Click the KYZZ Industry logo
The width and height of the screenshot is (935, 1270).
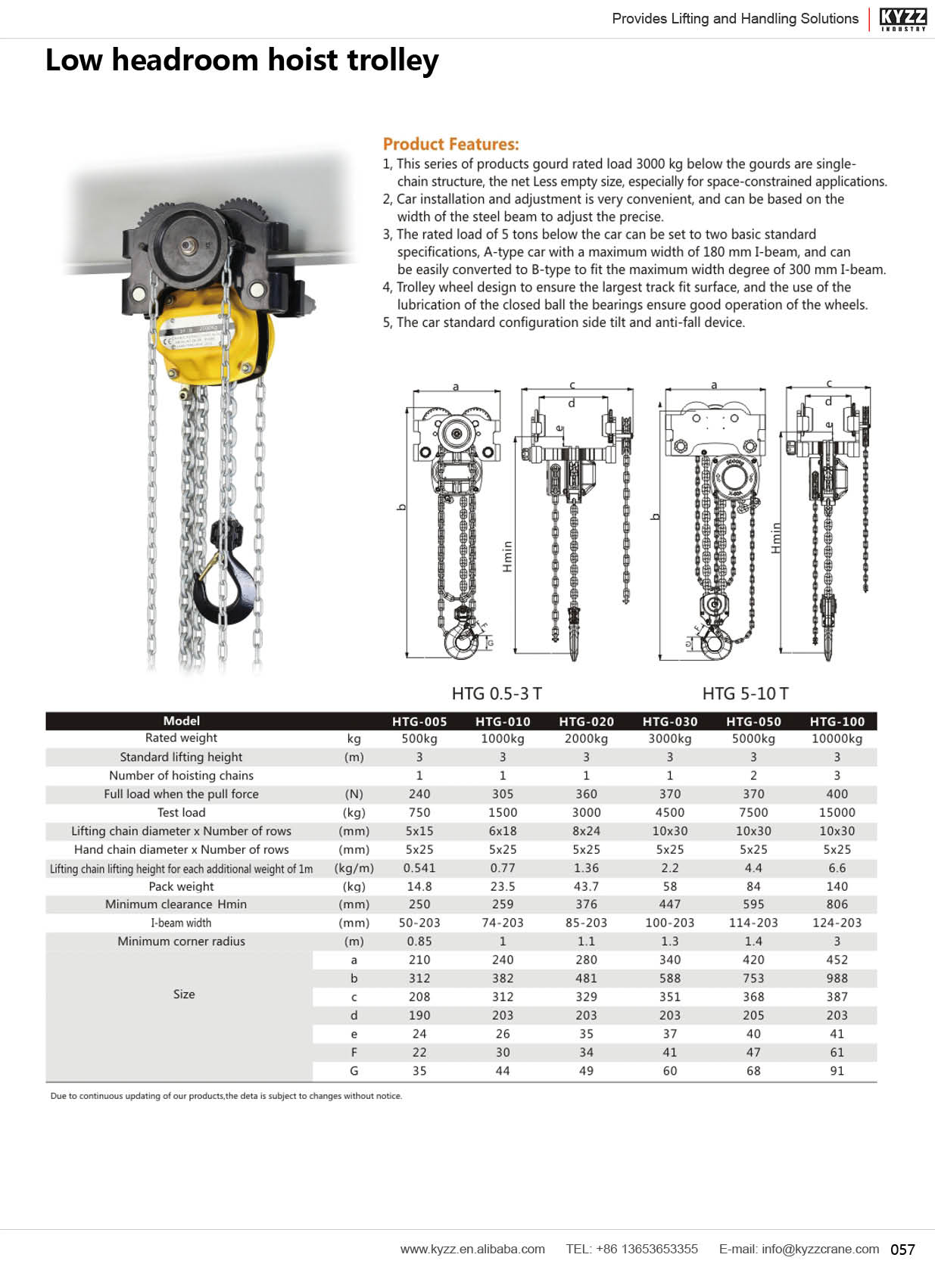pyautogui.click(x=902, y=18)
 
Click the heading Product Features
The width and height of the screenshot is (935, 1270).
pyautogui.click(x=450, y=144)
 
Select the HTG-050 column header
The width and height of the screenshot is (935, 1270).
pyautogui.click(x=753, y=721)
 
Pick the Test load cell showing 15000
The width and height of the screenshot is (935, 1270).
pyautogui.click(x=837, y=812)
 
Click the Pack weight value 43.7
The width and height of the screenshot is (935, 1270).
pyautogui.click(x=586, y=886)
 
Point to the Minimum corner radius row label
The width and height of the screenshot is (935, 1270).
pyautogui.click(x=181, y=942)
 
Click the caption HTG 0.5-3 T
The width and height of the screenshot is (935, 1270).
pyautogui.click(x=497, y=693)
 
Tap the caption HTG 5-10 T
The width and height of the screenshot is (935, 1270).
pyautogui.click(x=745, y=693)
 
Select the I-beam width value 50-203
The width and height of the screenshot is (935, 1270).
pyautogui.click(x=419, y=923)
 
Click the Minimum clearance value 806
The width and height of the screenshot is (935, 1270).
pyautogui.click(x=837, y=904)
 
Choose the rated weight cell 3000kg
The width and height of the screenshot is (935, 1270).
pyautogui.click(x=669, y=739)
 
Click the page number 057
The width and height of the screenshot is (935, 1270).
pyautogui.click(x=902, y=1250)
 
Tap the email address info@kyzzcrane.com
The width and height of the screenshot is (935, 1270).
pyautogui.click(x=799, y=1249)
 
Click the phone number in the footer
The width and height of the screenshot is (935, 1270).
pyautogui.click(x=631, y=1249)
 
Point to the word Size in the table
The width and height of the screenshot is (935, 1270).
pyautogui.click(x=183, y=995)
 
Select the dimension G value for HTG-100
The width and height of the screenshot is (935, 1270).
pyautogui.click(x=837, y=1071)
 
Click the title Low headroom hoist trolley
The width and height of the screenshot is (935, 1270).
pyautogui.click(x=242, y=61)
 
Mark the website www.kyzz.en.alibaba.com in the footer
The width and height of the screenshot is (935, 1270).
pyautogui.click(x=472, y=1249)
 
